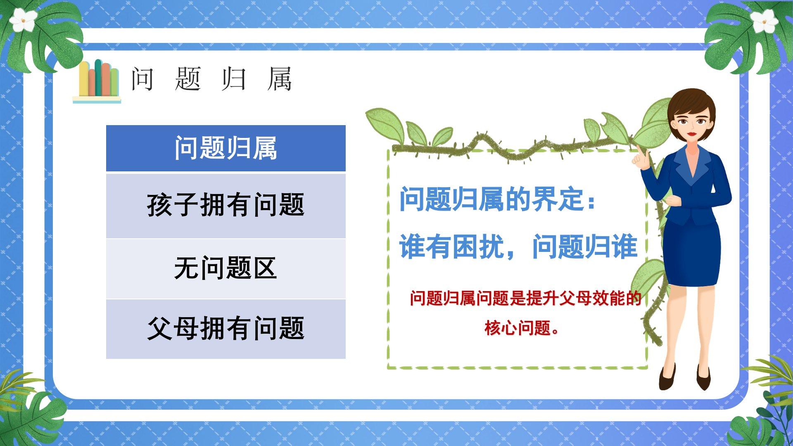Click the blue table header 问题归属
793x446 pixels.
click(226, 148)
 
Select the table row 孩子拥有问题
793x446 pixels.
click(226, 206)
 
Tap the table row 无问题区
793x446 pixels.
click(226, 268)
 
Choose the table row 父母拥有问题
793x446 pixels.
click(226, 329)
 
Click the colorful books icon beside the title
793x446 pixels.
click(97, 81)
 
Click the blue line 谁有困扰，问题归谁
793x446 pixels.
click(518, 247)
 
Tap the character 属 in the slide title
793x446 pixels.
click(279, 79)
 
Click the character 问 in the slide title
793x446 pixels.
click(142, 79)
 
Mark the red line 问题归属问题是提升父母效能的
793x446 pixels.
click(525, 299)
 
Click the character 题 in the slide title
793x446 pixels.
click(188, 79)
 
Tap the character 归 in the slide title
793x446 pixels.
click(234, 79)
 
